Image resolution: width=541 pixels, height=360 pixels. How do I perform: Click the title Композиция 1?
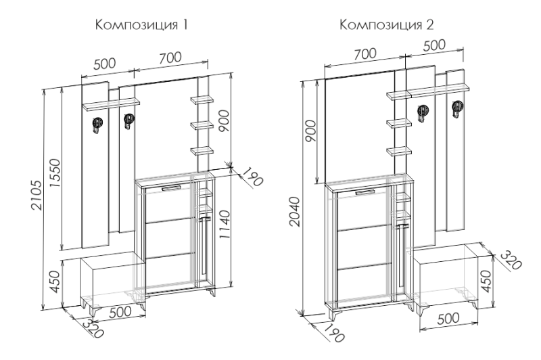tap(141, 26)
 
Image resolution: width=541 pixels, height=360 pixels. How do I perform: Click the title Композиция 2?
tap(387, 25)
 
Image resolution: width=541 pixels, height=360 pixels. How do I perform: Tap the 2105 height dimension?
tap(37, 194)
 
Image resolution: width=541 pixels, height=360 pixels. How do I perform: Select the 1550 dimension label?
tap(55, 173)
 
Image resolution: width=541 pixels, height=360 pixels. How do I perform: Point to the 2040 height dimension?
tap(295, 211)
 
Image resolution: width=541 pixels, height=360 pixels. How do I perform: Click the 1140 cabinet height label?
tap(225, 225)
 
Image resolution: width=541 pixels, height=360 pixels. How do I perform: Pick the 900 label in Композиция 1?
tap(224, 120)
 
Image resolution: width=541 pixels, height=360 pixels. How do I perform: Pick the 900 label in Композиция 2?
tap(311, 131)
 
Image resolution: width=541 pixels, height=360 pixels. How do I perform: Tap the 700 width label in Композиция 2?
tap(365, 53)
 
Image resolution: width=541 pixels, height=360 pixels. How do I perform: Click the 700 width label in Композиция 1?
tap(170, 57)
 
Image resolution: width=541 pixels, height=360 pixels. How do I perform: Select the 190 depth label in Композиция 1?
tap(252, 177)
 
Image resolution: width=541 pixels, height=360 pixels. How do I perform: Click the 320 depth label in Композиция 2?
tap(511, 260)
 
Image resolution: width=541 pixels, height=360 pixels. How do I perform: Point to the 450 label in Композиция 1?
tap(55, 282)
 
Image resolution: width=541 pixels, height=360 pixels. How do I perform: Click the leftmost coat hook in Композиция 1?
tap(97, 125)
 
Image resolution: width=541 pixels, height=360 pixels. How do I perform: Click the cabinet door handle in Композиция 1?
tap(171, 188)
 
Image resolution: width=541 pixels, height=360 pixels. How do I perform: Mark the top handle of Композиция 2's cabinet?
tap(364, 192)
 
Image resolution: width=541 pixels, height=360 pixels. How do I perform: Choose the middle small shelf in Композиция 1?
tap(202, 125)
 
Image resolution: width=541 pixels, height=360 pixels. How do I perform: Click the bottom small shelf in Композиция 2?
tap(399, 151)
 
